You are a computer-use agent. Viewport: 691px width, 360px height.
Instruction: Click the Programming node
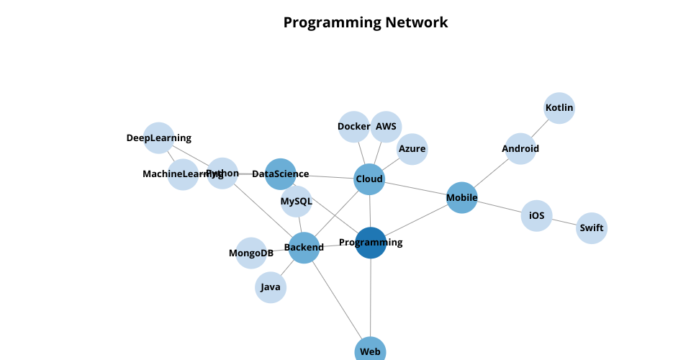pos(371,243)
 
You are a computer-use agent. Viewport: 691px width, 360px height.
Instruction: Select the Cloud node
pos(369,179)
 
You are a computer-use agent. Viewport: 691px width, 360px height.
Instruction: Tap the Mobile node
pos(462,197)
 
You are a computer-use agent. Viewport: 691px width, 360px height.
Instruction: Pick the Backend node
pos(304,248)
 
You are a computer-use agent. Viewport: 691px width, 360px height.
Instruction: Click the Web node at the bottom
pos(370,351)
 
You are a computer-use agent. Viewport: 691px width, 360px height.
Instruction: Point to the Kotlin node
pos(559,108)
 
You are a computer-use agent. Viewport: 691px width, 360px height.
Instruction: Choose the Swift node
pos(592,228)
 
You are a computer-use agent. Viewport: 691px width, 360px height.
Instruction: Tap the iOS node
pos(536,215)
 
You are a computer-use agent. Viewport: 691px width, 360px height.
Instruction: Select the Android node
pos(520,149)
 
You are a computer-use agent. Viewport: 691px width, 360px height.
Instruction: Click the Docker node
pos(353,127)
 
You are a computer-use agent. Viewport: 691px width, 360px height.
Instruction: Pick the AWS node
pos(386,127)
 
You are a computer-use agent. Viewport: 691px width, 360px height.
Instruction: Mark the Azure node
pos(412,149)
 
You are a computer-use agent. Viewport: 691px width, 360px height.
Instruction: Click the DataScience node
pos(281,174)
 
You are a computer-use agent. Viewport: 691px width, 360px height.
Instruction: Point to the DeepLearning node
pos(159,138)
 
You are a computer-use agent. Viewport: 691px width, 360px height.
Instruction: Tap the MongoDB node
pos(251,253)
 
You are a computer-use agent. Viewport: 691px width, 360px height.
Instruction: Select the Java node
pos(271,287)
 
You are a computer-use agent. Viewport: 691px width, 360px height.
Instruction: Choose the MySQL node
pos(297,202)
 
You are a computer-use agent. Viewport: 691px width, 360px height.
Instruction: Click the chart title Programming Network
pos(366,22)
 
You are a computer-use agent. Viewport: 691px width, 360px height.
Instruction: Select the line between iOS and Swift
pos(564,222)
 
